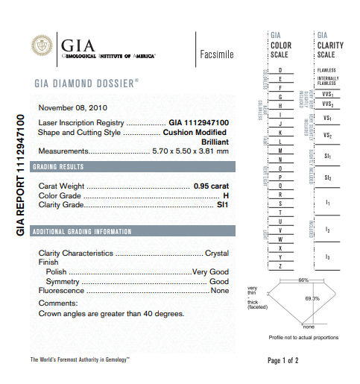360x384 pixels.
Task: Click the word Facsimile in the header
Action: (217, 54)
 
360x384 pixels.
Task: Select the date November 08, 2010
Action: (72, 107)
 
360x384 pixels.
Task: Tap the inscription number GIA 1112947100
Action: (198, 122)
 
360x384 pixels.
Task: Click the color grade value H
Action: (226, 195)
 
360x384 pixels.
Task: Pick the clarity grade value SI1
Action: (222, 204)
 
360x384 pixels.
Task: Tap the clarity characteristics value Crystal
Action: (217, 253)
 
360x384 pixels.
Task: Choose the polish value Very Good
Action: (210, 272)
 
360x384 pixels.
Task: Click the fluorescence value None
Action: (220, 291)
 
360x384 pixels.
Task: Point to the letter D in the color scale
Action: (280, 69)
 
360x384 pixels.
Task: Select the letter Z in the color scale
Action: (280, 265)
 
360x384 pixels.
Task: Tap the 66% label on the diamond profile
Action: (303, 280)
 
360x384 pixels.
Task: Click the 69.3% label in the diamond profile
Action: (312, 298)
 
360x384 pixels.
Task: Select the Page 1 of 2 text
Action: (282, 361)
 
